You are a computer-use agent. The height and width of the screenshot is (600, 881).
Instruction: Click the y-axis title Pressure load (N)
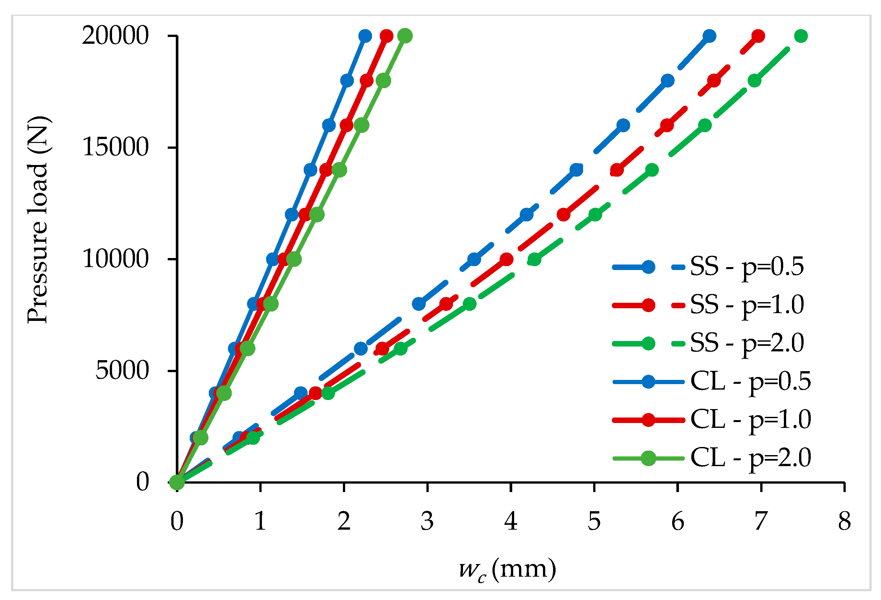pos(38,220)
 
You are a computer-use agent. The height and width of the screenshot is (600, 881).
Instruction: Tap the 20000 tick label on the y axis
pos(115,36)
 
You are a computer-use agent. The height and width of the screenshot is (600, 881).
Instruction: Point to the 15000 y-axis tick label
pos(115,147)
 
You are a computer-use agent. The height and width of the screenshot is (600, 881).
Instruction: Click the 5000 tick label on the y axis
pos(122,371)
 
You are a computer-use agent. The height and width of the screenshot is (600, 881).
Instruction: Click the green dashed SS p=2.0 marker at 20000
pos(801,36)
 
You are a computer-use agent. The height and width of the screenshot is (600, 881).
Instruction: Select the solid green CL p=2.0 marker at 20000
pos(405,36)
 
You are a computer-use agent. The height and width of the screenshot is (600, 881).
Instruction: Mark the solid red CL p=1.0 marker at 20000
pos(386,36)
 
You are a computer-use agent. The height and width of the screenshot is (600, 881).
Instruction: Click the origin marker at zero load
pos(177,482)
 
